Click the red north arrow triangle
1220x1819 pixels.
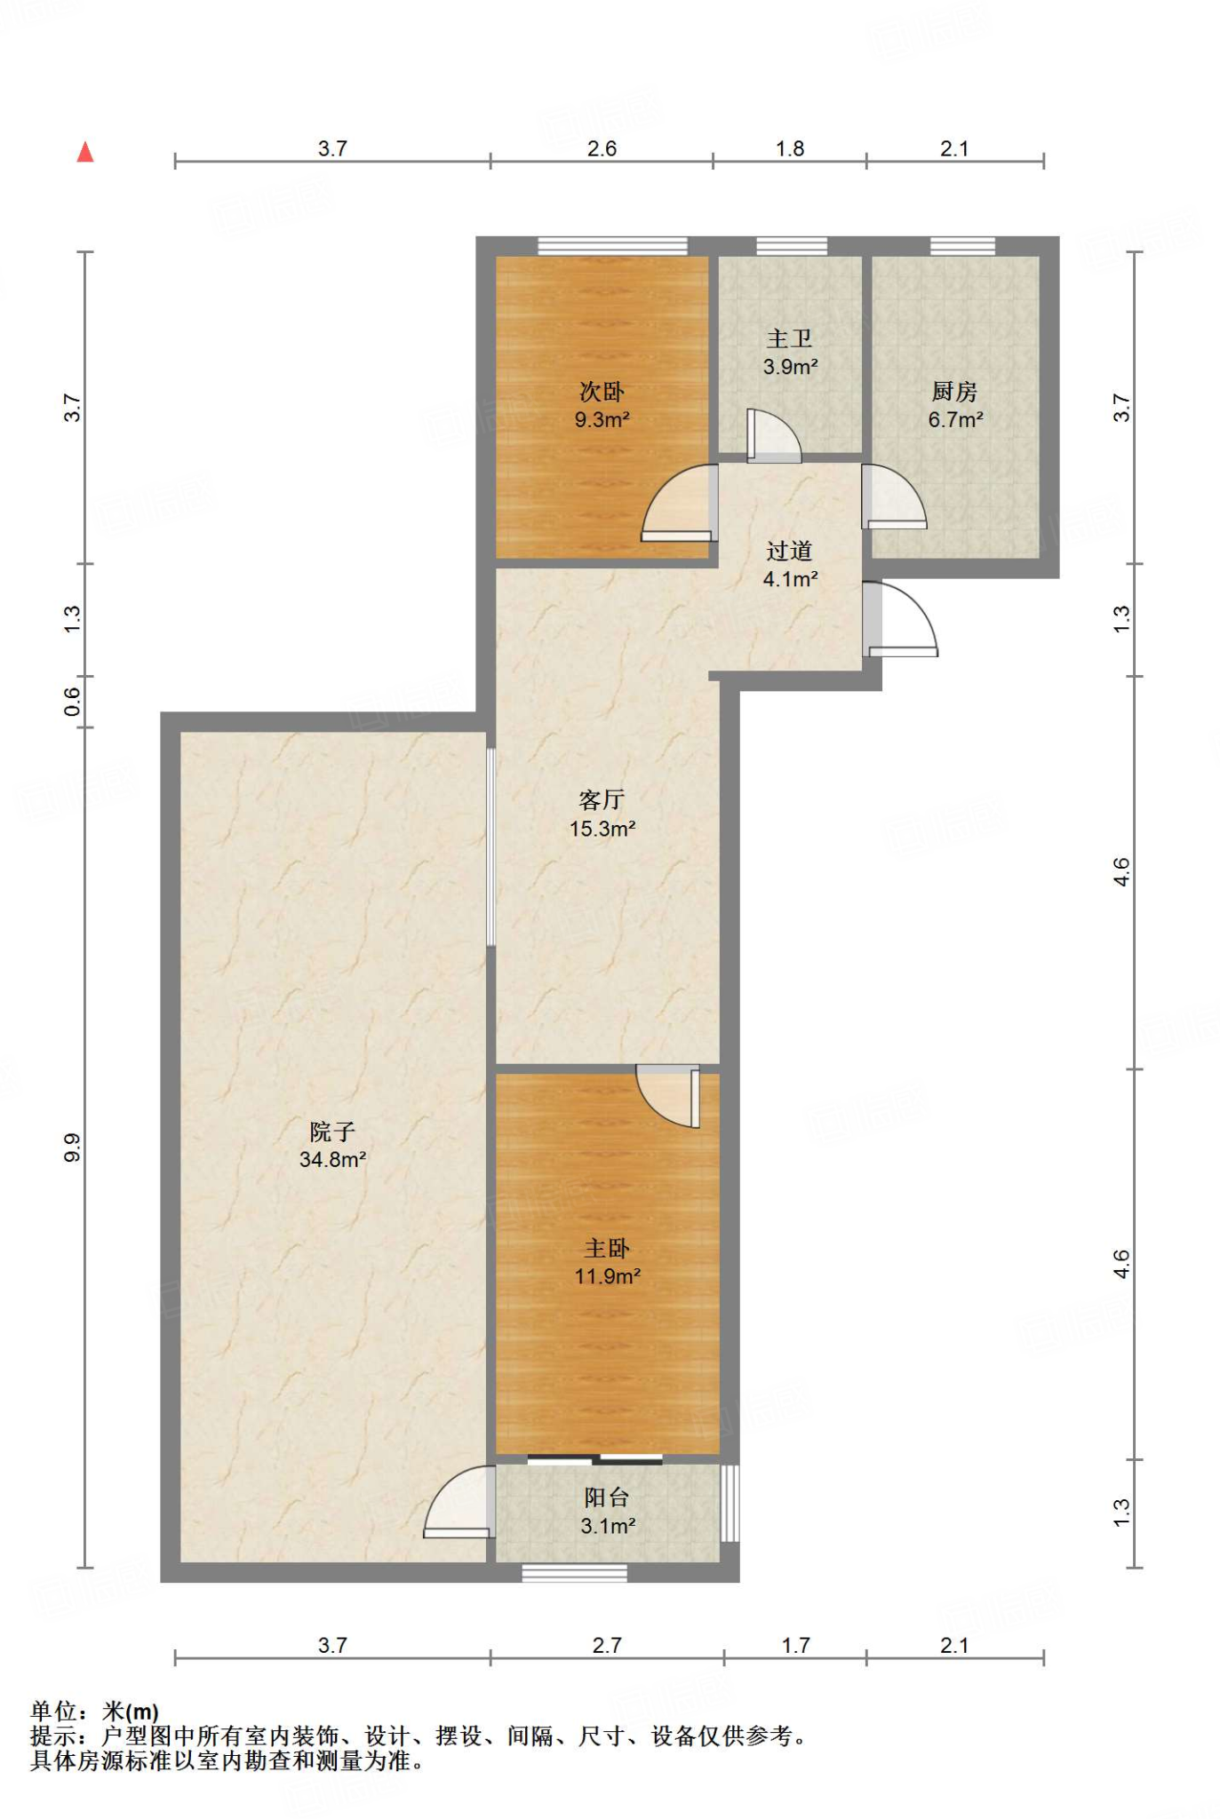click(85, 153)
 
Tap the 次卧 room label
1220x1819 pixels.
click(602, 392)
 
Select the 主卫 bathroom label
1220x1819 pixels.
click(789, 338)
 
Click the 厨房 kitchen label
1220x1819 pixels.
click(954, 391)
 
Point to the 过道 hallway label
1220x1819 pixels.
click(789, 551)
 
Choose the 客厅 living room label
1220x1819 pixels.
click(602, 800)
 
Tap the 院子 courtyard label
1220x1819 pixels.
click(332, 1132)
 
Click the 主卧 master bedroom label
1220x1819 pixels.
click(607, 1249)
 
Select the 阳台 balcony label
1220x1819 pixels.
click(607, 1497)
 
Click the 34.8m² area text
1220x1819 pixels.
click(332, 1159)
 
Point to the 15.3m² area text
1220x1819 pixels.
click(602, 829)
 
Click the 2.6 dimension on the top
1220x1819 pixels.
click(602, 148)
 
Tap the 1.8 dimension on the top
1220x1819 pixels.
click(789, 148)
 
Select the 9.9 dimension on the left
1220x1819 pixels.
click(72, 1148)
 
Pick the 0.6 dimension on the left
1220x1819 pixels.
click(72, 702)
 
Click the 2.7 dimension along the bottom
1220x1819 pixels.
click(607, 1645)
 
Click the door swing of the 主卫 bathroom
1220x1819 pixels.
click(773, 435)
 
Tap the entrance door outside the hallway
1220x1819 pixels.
click(900, 619)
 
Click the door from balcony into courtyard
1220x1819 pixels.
click(459, 1501)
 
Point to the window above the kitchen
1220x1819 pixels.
click(962, 246)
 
